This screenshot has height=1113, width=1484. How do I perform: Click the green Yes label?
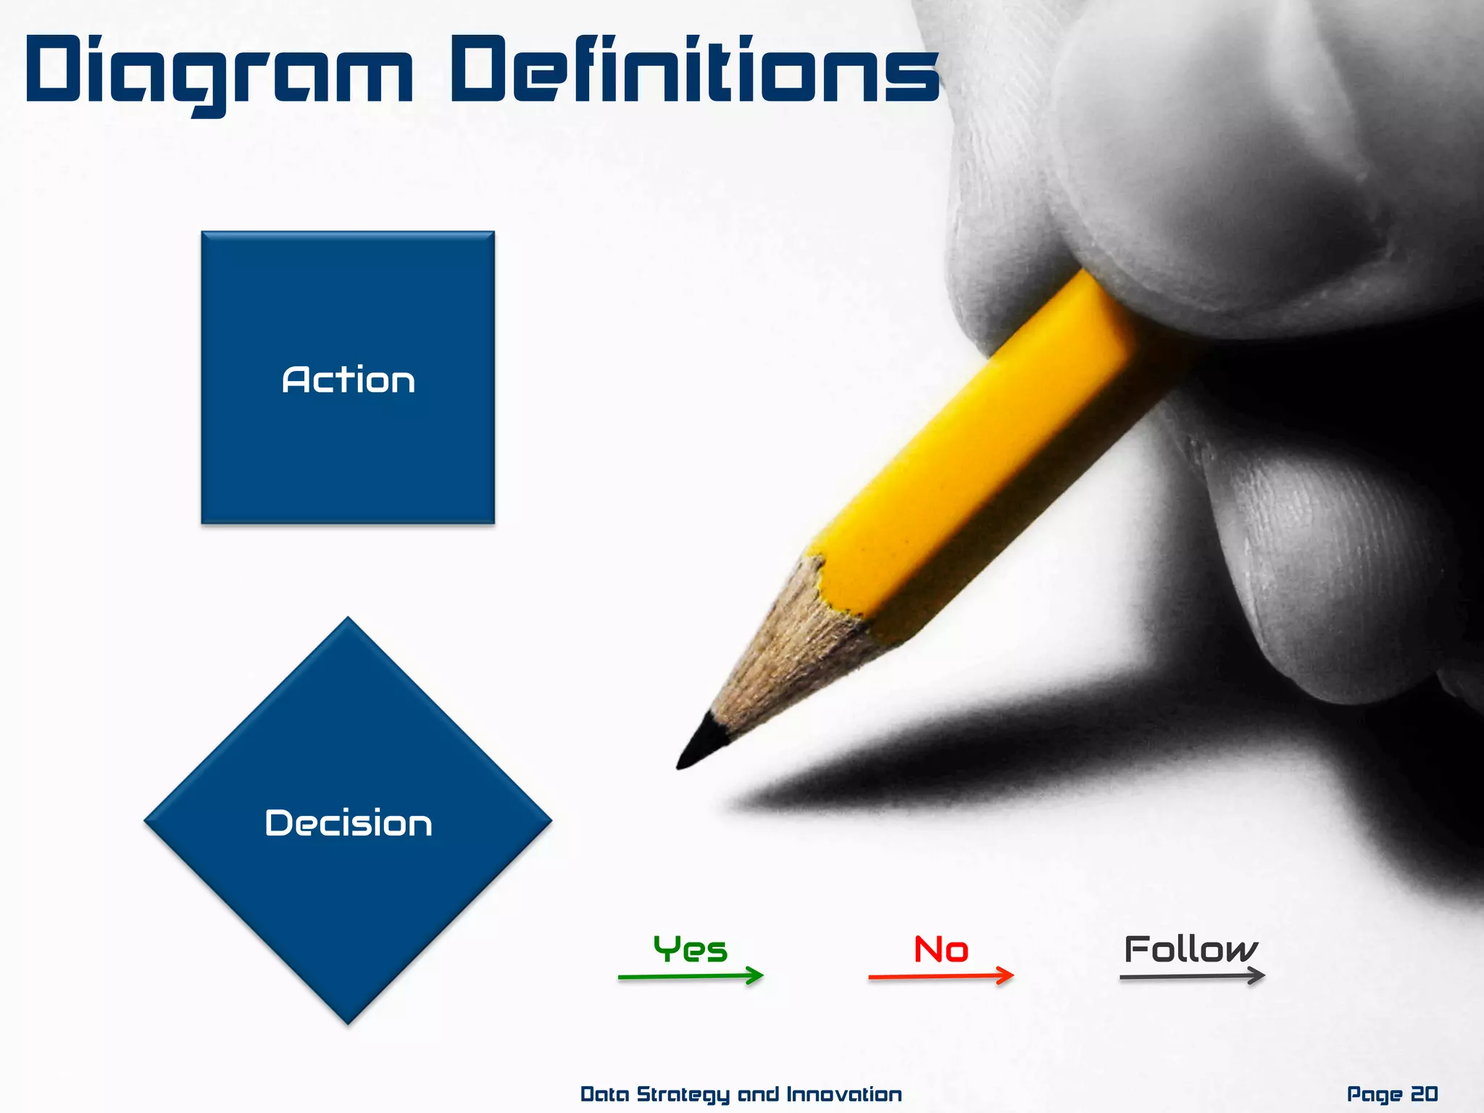coord(690,949)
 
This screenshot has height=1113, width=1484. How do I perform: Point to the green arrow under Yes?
coord(690,977)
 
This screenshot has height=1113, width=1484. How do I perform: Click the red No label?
coord(941,949)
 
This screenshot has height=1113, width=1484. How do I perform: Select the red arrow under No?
coord(941,977)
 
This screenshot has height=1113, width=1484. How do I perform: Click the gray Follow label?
coord(1191,949)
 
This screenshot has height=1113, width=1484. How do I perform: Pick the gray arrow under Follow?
coord(1191,977)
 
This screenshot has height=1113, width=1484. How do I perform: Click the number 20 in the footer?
coord(1424,1093)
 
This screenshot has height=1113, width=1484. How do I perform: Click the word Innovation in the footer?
coord(843,1093)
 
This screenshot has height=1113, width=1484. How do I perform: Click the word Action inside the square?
coord(348,380)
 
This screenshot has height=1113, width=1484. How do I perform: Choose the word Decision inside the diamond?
coord(348,823)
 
